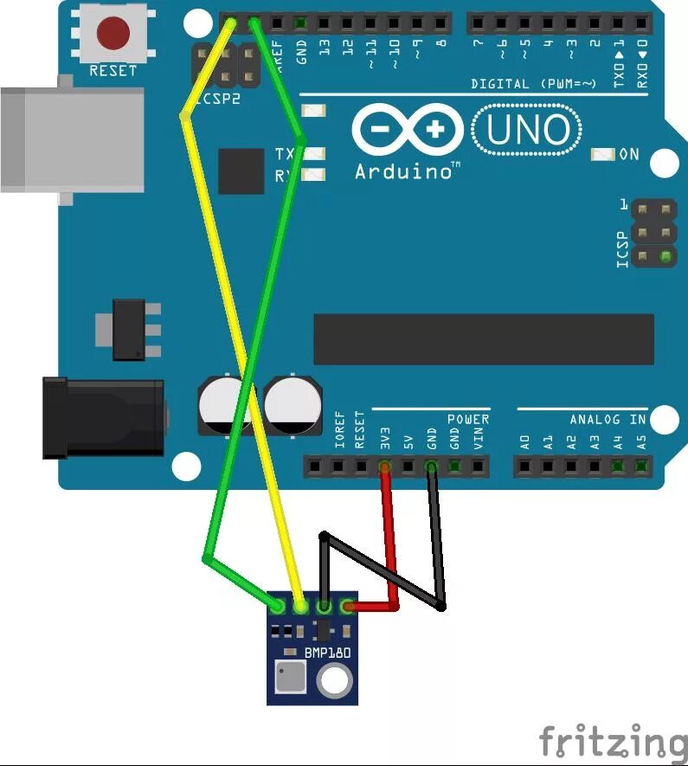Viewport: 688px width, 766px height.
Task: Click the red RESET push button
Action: [x=113, y=34]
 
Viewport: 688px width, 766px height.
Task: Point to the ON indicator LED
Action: [x=602, y=154]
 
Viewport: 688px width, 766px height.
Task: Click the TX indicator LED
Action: [x=314, y=154]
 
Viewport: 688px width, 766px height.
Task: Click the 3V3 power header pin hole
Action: [x=385, y=467]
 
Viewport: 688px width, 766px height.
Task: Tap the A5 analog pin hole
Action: [x=641, y=467]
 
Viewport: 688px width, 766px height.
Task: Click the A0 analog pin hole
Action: [x=524, y=467]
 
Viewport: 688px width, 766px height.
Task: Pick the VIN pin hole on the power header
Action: [x=479, y=467]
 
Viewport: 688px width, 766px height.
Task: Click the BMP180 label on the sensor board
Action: [x=327, y=653]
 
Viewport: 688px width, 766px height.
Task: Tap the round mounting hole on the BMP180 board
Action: [x=333, y=680]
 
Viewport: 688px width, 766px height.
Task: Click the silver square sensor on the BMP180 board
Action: [x=289, y=677]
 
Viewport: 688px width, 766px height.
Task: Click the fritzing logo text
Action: [x=611, y=742]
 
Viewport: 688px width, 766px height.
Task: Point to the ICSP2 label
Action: [x=217, y=99]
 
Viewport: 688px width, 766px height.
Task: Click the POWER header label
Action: [x=467, y=420]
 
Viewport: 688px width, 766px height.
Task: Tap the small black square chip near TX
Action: [x=241, y=171]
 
